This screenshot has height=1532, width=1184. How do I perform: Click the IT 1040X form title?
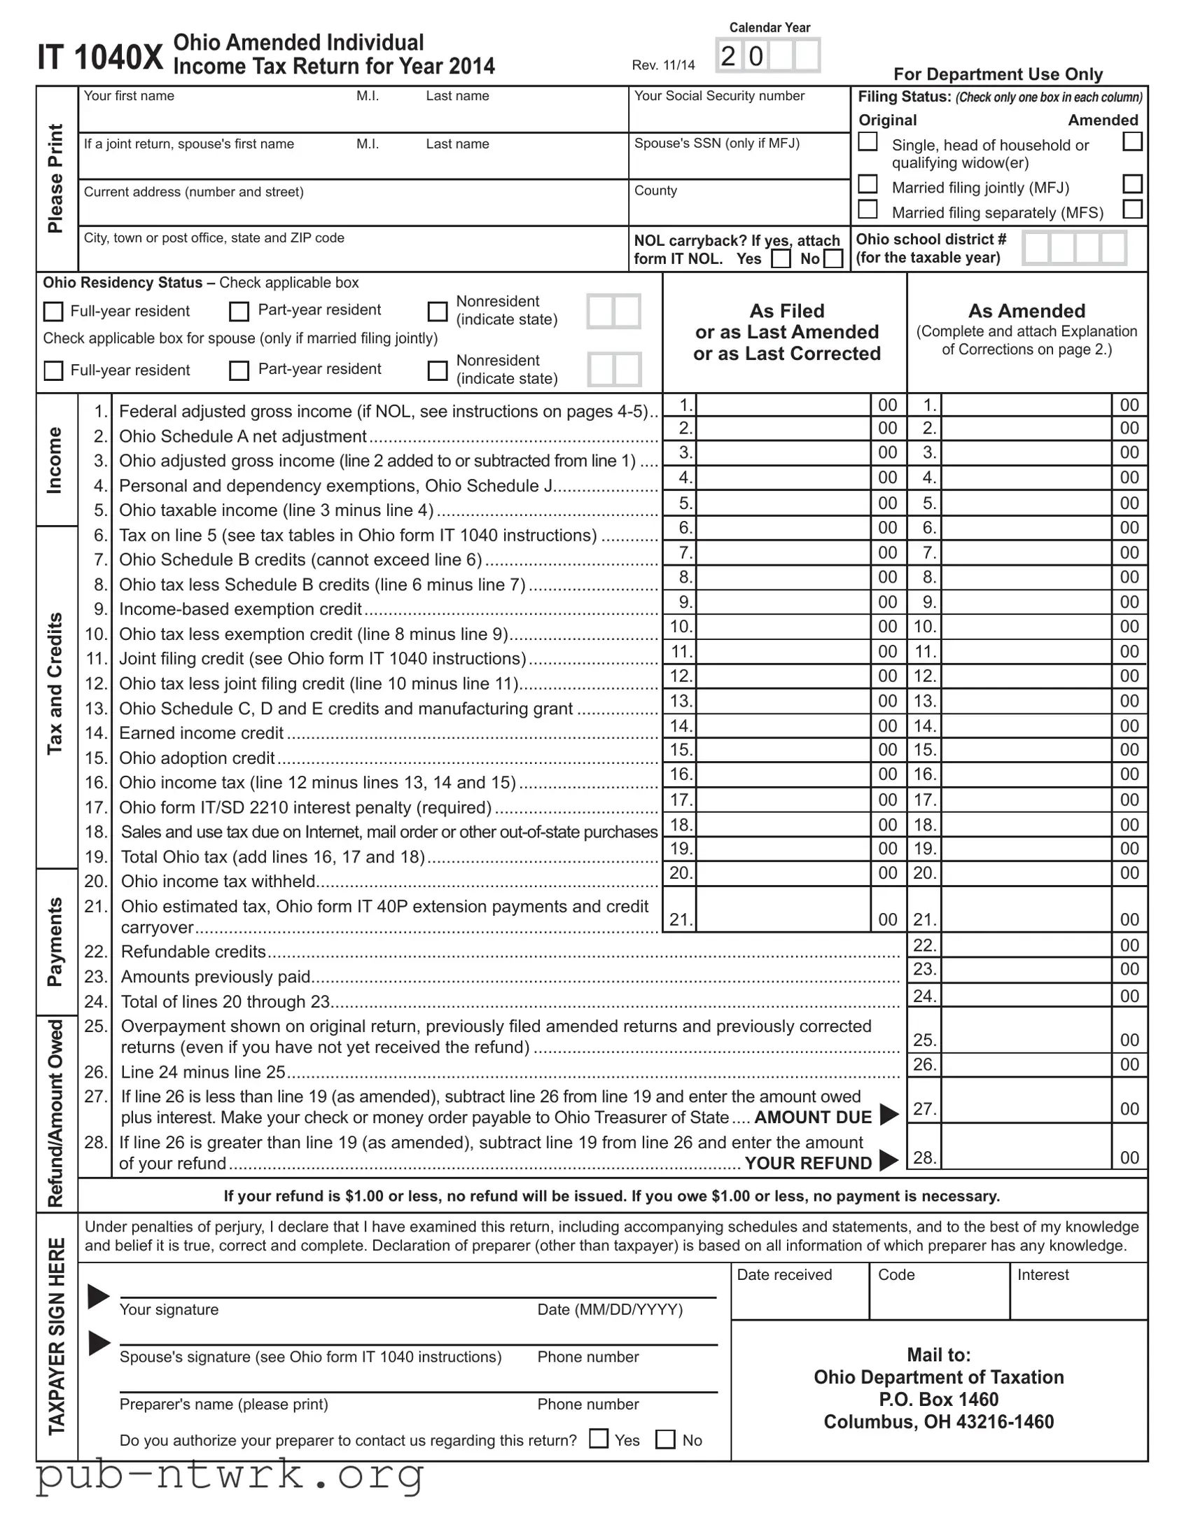click(100, 56)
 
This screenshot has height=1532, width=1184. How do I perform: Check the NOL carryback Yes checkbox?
click(780, 259)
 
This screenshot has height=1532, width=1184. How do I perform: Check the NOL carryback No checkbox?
click(833, 259)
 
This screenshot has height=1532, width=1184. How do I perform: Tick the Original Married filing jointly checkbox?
click(868, 184)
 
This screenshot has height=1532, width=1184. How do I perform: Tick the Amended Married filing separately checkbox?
click(1132, 209)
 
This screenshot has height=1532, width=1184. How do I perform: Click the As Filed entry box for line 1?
click(783, 405)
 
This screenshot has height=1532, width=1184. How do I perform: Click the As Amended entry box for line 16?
click(1026, 774)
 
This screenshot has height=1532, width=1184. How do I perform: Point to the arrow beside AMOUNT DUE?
click(889, 1114)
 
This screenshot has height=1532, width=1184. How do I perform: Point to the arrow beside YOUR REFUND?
click(889, 1160)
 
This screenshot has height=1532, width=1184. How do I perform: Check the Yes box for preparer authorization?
click(599, 1439)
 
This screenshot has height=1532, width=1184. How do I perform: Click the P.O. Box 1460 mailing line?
click(938, 1399)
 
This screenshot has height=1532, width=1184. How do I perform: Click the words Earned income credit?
click(202, 733)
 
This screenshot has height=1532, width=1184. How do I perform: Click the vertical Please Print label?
click(55, 178)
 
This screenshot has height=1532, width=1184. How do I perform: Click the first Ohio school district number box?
click(1036, 248)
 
